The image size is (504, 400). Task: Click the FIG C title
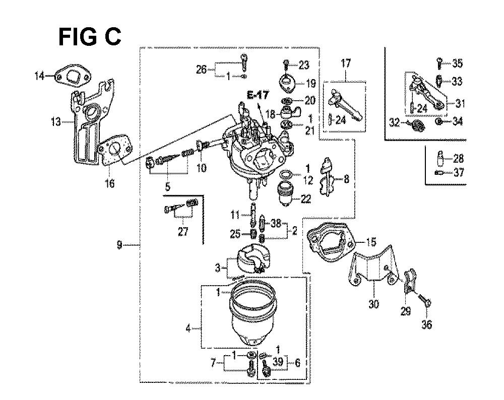pos(89,37)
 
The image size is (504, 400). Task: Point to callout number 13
pos(55,121)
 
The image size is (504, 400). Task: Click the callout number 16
pos(109,183)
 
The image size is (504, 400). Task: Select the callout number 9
pos(119,245)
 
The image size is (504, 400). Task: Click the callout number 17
pos(346,63)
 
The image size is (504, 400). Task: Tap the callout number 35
pos(457,63)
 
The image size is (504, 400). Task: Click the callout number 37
pos(458,173)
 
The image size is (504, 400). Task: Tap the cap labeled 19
pos(286,82)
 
